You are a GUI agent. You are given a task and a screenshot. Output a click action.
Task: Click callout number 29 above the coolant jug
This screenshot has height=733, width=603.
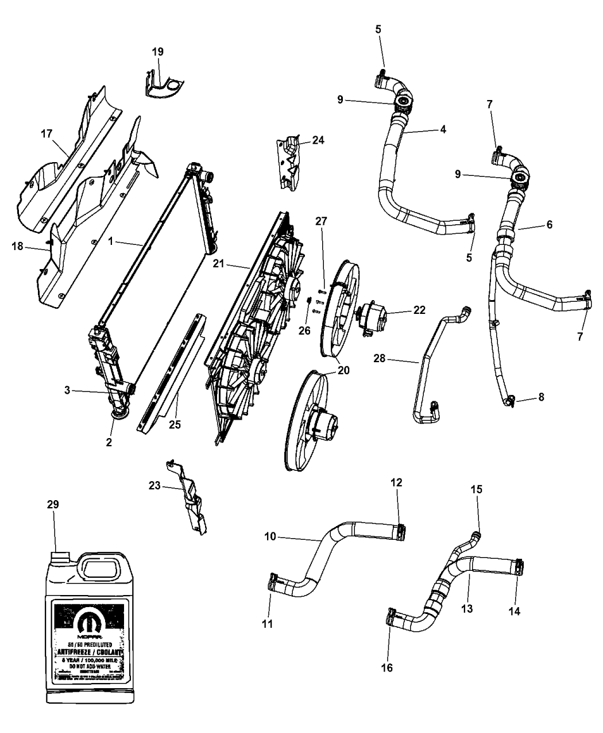[x=53, y=504]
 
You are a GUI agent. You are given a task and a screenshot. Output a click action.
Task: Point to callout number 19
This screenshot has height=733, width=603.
[x=157, y=52]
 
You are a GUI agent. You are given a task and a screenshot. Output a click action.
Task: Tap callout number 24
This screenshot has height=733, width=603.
[x=318, y=140]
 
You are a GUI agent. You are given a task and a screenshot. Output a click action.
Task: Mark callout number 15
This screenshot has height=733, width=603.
[x=477, y=489]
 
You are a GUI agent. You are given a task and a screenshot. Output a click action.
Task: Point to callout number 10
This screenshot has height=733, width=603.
[x=270, y=536]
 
